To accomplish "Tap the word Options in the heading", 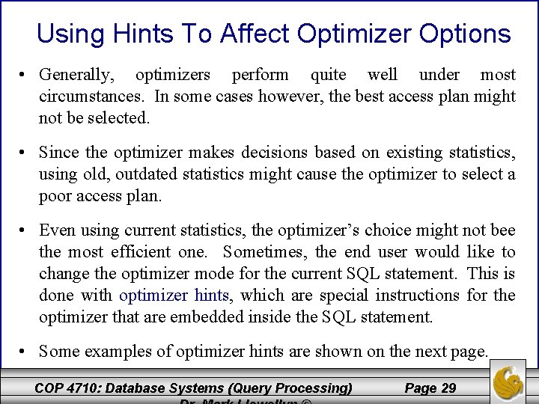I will pyautogui.click(x=465, y=34).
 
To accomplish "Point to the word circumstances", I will pyautogui.click(x=93, y=97).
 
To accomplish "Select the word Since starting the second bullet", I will pyautogui.click(x=59, y=153).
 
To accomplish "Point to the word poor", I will pyautogui.click(x=56, y=196).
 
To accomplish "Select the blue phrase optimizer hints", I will pyautogui.click(x=174, y=296).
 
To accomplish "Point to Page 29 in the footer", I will pyautogui.click(x=430, y=388).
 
